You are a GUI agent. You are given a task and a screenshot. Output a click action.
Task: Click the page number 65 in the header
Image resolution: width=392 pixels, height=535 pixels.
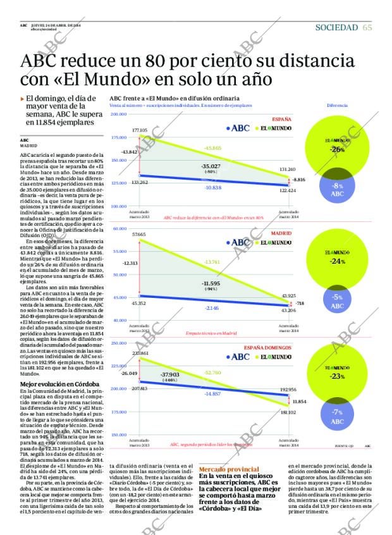(367, 27)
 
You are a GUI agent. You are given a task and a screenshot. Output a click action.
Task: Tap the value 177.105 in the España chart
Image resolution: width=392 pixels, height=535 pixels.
(140, 130)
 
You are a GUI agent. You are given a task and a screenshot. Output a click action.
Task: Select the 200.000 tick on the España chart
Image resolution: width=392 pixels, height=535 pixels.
(118, 114)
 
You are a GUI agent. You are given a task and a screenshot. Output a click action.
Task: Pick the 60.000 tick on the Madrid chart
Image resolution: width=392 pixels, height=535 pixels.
(119, 228)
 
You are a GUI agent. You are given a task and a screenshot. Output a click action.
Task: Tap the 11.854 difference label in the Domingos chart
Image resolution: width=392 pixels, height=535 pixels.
(300, 401)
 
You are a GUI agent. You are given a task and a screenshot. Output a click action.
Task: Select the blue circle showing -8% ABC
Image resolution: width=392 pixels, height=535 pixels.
(337, 190)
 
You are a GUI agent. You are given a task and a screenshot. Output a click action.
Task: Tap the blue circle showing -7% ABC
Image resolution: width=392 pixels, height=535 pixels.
(337, 417)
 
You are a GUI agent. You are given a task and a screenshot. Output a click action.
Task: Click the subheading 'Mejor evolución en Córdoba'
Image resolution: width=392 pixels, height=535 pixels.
(59, 384)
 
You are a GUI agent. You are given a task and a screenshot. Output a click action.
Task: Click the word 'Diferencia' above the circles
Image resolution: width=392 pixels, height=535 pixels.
(337, 106)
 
